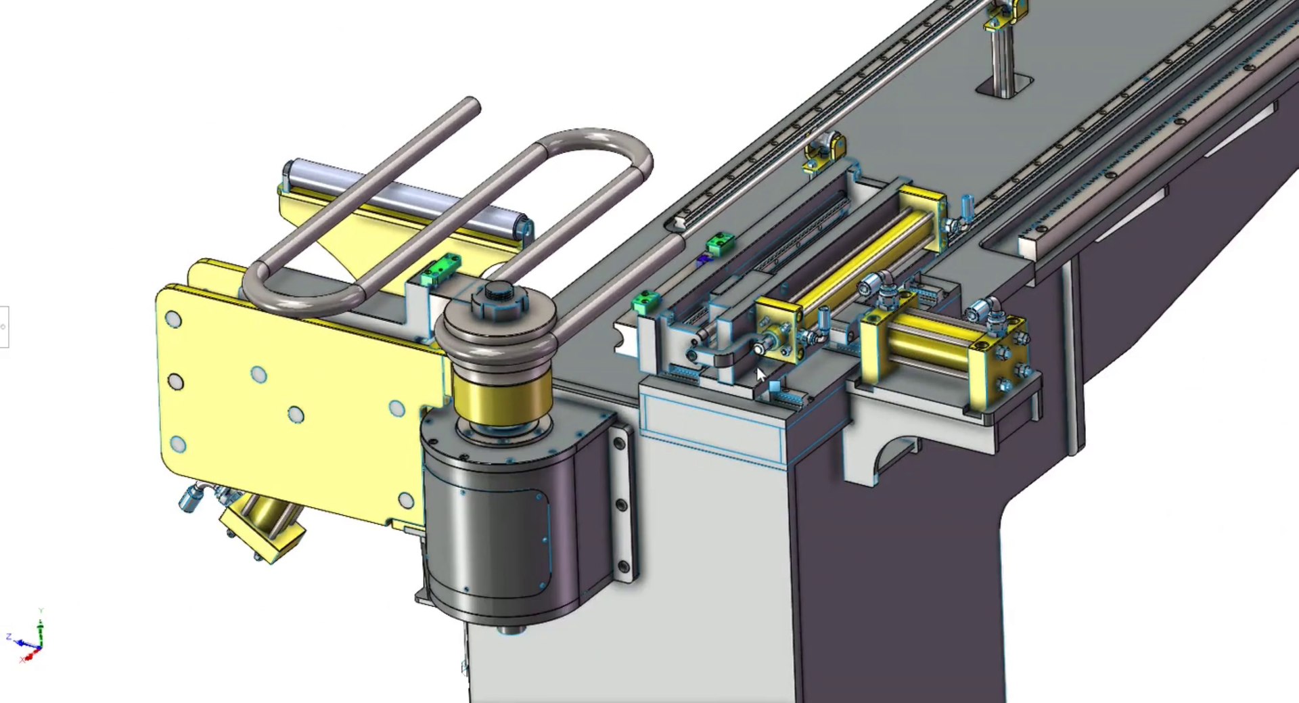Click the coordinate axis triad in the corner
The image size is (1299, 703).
point(30,639)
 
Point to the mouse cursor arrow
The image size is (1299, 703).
point(760,374)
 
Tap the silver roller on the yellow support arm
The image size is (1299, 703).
point(406,196)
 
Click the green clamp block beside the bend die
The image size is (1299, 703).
point(440,269)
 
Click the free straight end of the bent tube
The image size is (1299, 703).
point(467,108)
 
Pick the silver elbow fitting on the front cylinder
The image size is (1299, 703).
point(981,311)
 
